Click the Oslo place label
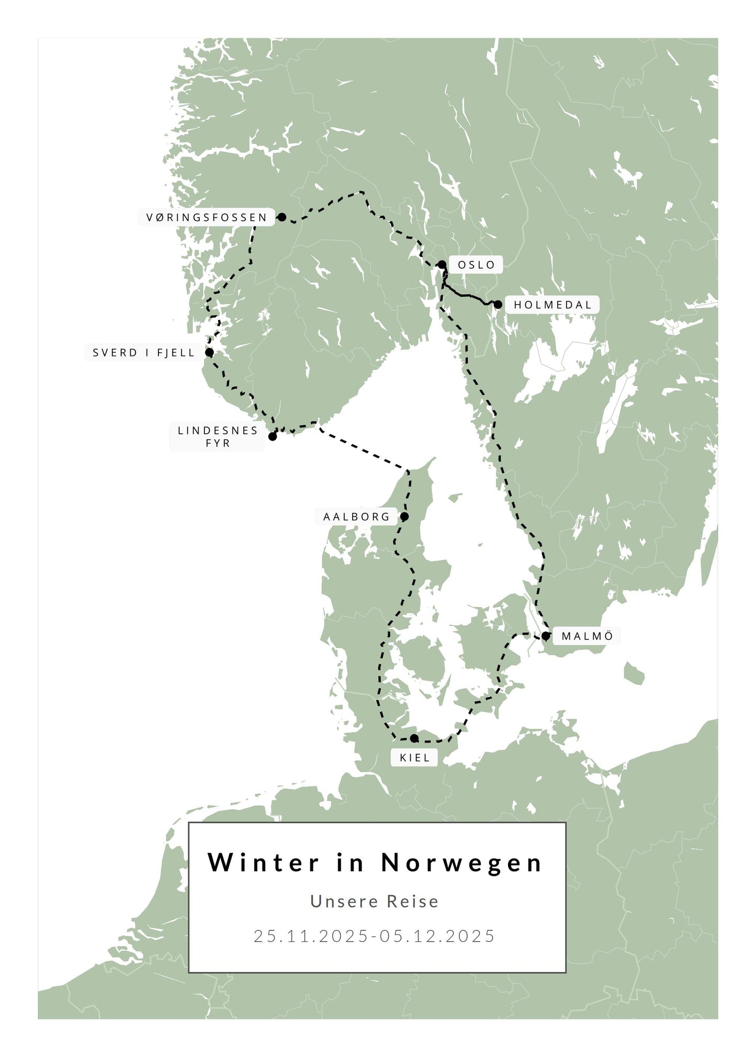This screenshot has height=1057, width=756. pos(476,265)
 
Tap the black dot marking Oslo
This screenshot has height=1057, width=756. pos(442,264)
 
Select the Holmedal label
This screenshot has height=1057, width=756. pos(552,305)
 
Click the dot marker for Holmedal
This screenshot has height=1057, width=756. pos(498,305)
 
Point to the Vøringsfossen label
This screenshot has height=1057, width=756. pos(207,217)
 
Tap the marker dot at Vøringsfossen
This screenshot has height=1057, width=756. pos(282,217)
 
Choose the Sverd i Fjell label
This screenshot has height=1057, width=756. pos(143,353)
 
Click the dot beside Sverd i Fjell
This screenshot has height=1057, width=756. pos(209,352)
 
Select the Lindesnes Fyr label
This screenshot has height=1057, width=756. pos(218,436)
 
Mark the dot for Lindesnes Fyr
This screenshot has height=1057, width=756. pos(273,436)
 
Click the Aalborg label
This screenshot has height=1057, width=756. pos(357,517)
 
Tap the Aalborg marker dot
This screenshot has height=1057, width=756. pos(404,516)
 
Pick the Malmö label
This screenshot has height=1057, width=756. pos(587,636)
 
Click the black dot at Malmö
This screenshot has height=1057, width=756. pos(546,636)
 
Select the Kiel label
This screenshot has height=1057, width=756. pos(414,758)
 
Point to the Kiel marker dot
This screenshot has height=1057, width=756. pos(414,738)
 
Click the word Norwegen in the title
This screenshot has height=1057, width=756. pos(462,863)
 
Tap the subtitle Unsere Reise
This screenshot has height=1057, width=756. pos(375,901)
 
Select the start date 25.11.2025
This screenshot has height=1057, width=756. pos(311,936)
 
